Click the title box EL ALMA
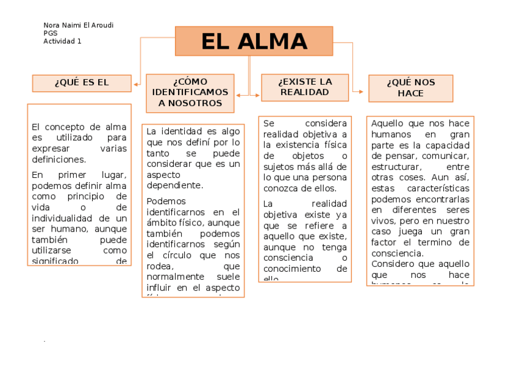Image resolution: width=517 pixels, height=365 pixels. [254, 41]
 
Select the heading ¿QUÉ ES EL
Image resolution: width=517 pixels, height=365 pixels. [82, 83]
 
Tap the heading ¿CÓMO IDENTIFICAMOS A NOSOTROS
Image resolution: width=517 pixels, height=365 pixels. [190, 93]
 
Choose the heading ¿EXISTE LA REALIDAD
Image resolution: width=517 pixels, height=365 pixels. [305, 87]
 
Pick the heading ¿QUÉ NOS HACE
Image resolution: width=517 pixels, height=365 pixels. [410, 88]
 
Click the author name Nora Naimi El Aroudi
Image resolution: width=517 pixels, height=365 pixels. [78, 25]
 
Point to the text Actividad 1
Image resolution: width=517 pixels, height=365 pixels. [62, 41]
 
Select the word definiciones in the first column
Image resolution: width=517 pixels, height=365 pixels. [59, 160]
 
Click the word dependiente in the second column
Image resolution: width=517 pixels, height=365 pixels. [175, 185]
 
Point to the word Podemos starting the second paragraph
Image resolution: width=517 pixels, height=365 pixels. [166, 201]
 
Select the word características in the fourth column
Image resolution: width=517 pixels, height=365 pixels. [438, 188]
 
